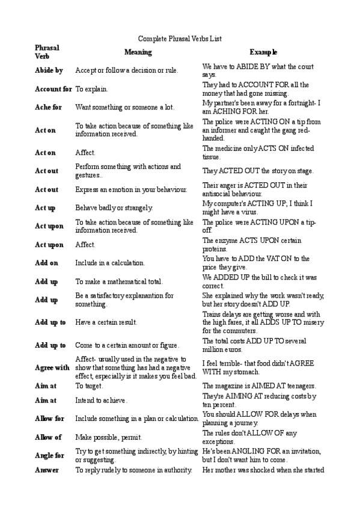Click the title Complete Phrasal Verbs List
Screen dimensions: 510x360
click(x=180, y=38)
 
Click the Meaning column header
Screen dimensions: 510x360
click(x=138, y=52)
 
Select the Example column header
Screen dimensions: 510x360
click(x=264, y=52)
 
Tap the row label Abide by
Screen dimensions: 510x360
click(x=49, y=70)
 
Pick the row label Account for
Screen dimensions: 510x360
click(x=53, y=89)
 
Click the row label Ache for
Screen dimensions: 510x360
click(x=48, y=107)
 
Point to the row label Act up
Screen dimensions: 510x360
click(x=45, y=207)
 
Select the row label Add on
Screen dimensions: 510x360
click(x=46, y=263)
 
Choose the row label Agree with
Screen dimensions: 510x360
click(x=52, y=367)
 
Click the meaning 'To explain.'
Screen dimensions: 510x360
click(x=91, y=89)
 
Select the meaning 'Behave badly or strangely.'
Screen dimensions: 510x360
click(x=114, y=207)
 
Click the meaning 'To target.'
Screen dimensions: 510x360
click(x=89, y=386)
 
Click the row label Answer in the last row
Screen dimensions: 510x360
click(x=47, y=470)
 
